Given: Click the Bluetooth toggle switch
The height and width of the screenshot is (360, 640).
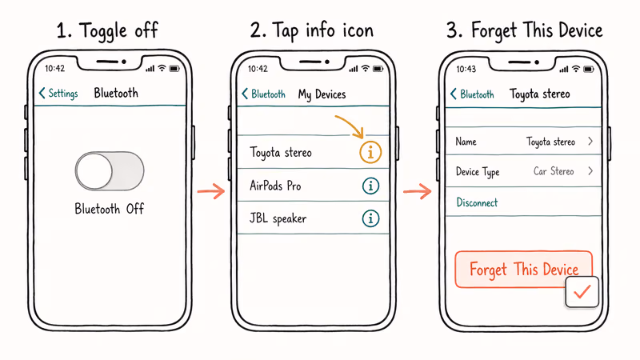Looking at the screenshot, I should click(x=110, y=170).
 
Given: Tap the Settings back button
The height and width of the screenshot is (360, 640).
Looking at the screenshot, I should click(x=58, y=94).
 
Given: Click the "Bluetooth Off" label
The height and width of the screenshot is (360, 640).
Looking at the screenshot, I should click(x=110, y=209).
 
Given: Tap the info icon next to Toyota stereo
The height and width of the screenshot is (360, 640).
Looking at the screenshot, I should click(x=370, y=152).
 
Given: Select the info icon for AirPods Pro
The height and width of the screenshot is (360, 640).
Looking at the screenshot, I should click(x=370, y=186).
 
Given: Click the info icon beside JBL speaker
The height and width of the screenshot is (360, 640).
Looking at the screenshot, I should click(x=370, y=218).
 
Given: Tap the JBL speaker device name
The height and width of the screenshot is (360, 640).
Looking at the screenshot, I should click(x=278, y=218).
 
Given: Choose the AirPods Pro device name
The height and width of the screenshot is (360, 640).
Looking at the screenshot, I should click(x=275, y=186).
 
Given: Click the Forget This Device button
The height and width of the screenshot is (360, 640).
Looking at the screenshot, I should click(x=523, y=270).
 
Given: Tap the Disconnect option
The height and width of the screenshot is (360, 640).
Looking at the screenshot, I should click(x=477, y=203).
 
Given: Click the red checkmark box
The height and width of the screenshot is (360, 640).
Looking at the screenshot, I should click(x=582, y=294).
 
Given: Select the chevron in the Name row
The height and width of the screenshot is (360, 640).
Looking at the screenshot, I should click(x=590, y=142).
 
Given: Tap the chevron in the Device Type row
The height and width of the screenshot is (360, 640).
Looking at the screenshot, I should click(x=590, y=171).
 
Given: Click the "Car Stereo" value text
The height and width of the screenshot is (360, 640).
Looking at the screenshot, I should click(x=554, y=171).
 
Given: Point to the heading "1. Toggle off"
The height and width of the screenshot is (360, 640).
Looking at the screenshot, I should click(x=107, y=31).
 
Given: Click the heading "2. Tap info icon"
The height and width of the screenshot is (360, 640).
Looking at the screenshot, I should click(x=311, y=31).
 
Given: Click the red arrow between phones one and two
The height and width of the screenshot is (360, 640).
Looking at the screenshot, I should click(x=211, y=190).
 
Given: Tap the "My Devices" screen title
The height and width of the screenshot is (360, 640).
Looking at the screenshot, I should click(x=322, y=94).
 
